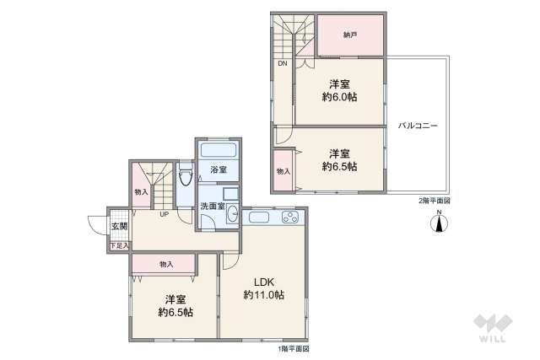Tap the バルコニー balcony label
click(418, 126)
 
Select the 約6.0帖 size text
click(340, 98)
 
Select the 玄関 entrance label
click(119, 226)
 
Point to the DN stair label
click(282, 63)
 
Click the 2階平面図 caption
click(435, 201)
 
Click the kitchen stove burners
click(290, 218)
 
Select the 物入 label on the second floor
click(283, 171)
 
